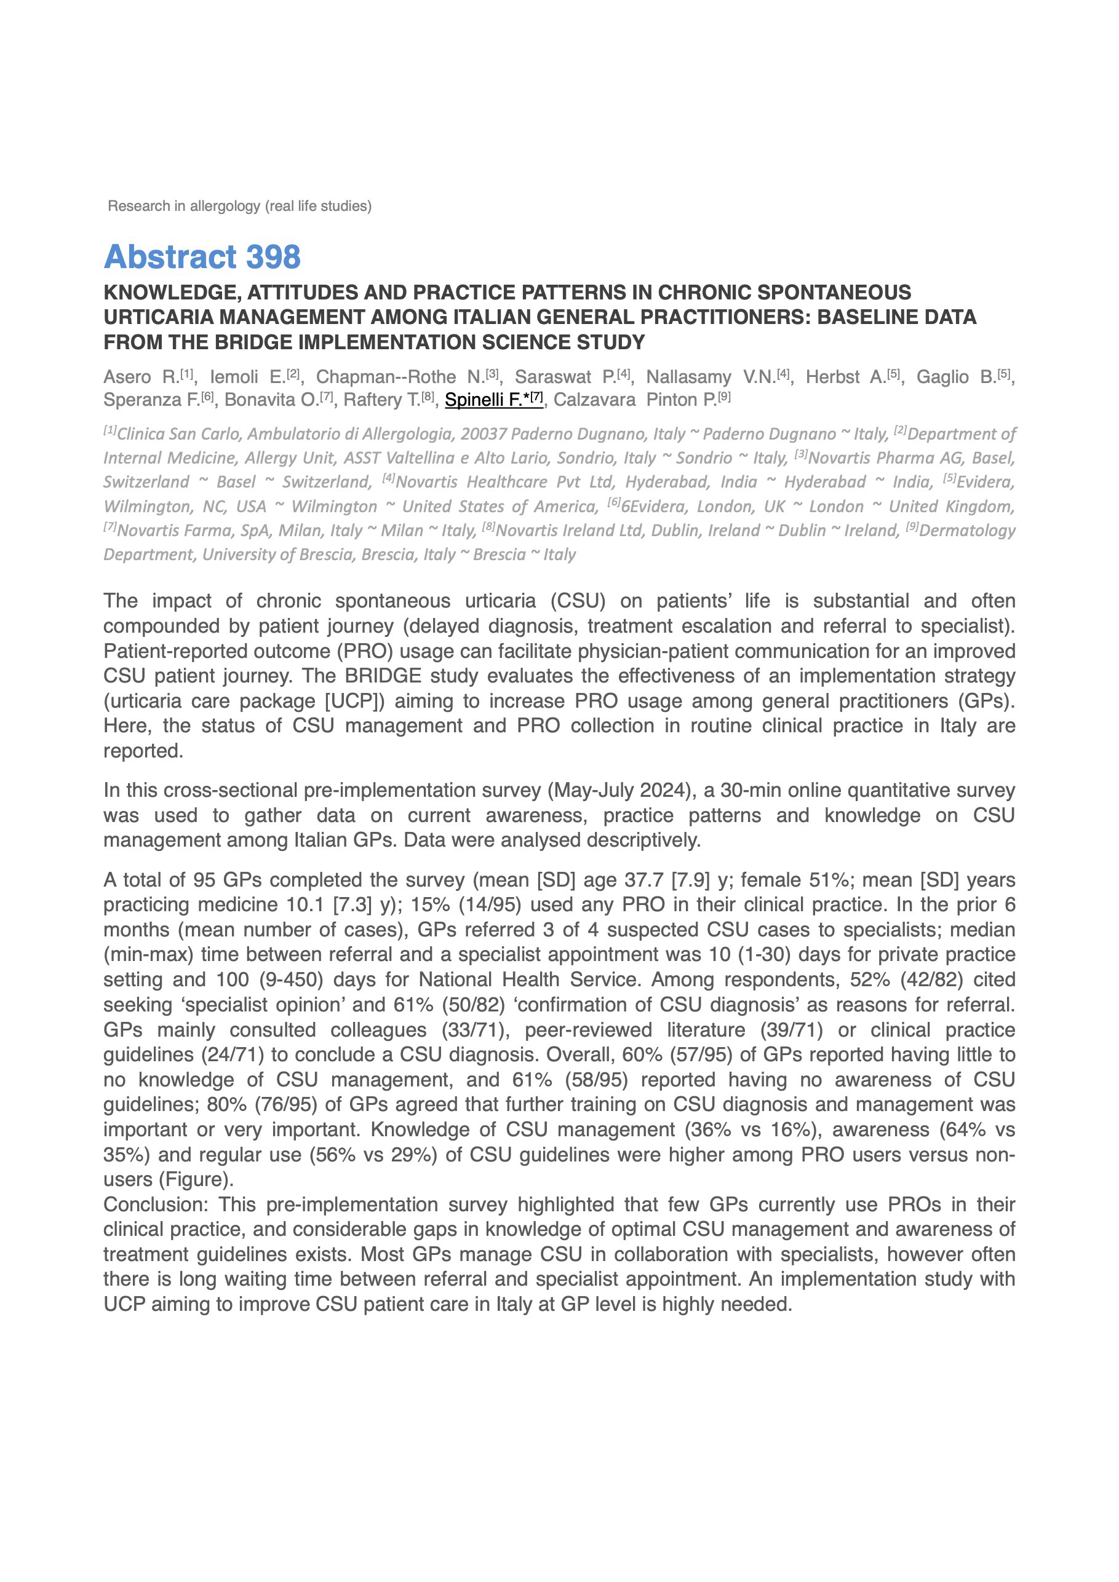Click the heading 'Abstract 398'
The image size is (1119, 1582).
tap(202, 257)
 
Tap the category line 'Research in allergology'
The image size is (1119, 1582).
tap(239, 206)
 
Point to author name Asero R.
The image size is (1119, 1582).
tap(141, 377)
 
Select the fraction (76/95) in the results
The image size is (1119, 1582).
tap(285, 1104)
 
